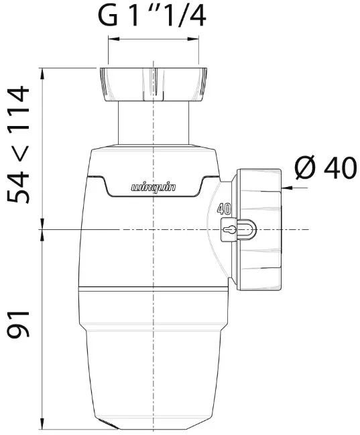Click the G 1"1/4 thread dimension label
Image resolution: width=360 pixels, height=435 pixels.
pyautogui.click(x=152, y=16)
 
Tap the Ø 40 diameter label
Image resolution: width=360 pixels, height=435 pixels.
pyautogui.click(x=326, y=168)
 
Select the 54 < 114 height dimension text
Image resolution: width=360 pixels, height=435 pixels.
pyautogui.click(x=18, y=145)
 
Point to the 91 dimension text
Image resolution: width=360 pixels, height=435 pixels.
pyautogui.click(x=18, y=324)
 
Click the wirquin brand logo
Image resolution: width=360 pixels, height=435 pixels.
pyautogui.click(x=154, y=188)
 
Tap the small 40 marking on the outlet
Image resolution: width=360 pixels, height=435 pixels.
pyautogui.click(x=224, y=208)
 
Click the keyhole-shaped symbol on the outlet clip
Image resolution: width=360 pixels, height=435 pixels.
pyautogui.click(x=229, y=230)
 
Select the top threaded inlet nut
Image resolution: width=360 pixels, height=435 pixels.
pyautogui.click(x=154, y=84)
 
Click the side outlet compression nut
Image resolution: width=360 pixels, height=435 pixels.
pyautogui.click(x=259, y=229)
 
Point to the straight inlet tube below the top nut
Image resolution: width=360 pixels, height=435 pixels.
pyautogui.click(x=154, y=123)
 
